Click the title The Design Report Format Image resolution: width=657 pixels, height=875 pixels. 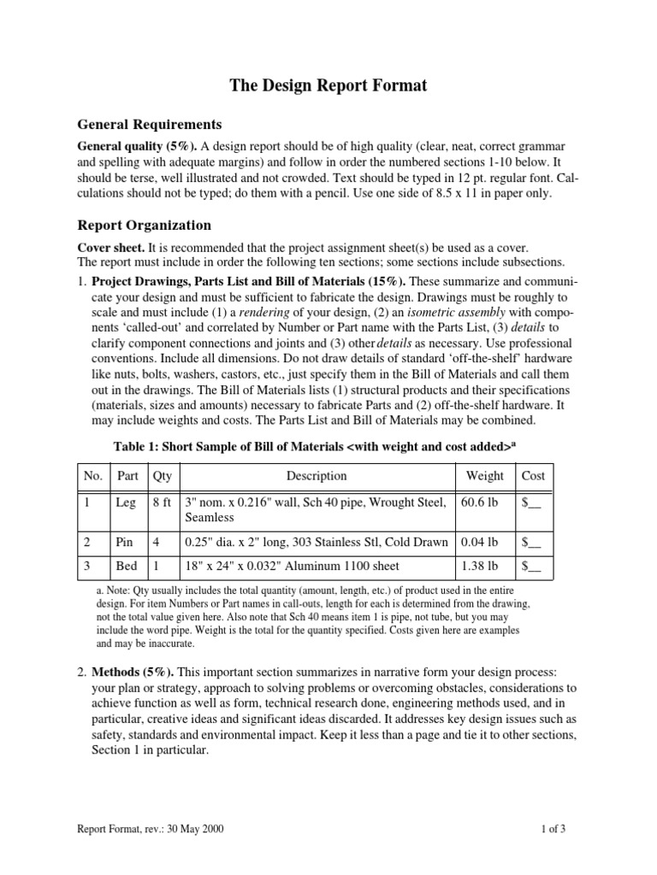(328, 85)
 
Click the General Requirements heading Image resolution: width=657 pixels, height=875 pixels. (150, 124)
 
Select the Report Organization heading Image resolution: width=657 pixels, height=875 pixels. (144, 226)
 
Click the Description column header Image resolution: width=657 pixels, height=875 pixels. (317, 476)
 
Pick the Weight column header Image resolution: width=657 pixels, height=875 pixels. (484, 476)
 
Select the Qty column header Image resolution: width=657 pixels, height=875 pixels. (161, 476)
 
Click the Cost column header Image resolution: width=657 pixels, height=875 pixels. (532, 476)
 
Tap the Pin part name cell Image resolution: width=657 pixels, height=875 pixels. (125, 542)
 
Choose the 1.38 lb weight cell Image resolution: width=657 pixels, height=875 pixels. (480, 566)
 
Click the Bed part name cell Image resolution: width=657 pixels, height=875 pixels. (126, 566)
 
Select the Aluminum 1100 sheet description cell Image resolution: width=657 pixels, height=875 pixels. (292, 566)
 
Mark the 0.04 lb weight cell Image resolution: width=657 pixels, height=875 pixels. (480, 542)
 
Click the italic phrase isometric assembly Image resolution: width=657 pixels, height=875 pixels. (482, 311)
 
